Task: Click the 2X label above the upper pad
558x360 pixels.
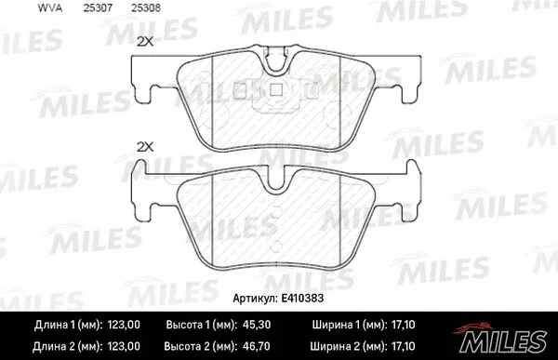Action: point(144,42)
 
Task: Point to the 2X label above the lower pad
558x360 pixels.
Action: point(144,147)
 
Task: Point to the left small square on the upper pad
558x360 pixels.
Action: point(246,90)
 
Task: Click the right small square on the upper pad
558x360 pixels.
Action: point(276,90)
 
